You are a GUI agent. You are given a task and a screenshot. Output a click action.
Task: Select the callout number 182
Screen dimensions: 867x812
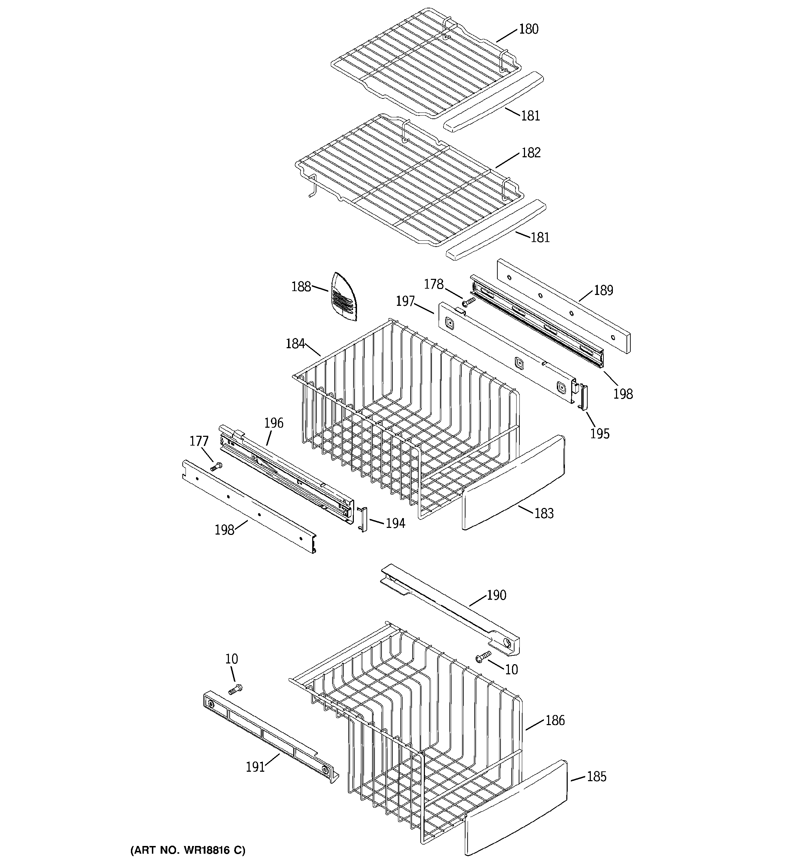point(531,153)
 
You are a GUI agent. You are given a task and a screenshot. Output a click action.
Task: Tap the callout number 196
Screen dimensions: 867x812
point(274,423)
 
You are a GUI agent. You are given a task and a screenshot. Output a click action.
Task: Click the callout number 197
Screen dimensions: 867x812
point(405,301)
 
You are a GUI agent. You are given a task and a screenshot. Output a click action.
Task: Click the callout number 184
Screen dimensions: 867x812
point(295,344)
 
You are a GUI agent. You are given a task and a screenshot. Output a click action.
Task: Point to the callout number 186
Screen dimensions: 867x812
point(555,721)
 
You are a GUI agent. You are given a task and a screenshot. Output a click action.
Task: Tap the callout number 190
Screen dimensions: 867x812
point(496,595)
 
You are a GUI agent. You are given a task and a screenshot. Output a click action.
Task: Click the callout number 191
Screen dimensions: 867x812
point(255,779)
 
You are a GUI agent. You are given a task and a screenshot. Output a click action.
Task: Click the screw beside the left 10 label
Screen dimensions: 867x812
point(235,689)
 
